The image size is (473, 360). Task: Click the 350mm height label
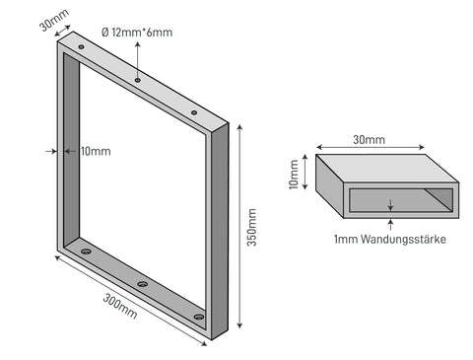(252, 227)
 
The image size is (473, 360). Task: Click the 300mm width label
(120, 306)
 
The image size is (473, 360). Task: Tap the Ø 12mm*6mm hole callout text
(137, 33)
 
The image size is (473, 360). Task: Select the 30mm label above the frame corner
(54, 20)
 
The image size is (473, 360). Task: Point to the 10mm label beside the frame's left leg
(96, 151)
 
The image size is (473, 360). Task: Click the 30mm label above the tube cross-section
(369, 140)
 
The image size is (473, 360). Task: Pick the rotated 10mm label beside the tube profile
(294, 175)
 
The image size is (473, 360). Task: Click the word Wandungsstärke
(403, 239)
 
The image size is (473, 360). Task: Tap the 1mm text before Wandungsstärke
(346, 239)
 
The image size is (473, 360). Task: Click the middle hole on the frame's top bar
(138, 80)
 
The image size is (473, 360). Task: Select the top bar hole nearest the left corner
(81, 47)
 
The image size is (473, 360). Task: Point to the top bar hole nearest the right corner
(194, 112)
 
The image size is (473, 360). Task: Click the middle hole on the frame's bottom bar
(142, 284)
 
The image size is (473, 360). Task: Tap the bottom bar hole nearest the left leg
(86, 252)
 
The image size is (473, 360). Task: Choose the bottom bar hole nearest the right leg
(199, 317)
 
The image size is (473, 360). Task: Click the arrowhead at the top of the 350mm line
(239, 127)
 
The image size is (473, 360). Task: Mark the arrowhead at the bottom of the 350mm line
(239, 325)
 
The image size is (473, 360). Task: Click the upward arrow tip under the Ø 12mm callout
(138, 43)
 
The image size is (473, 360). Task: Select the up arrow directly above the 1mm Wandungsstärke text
(390, 225)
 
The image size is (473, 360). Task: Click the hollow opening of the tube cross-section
(401, 200)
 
